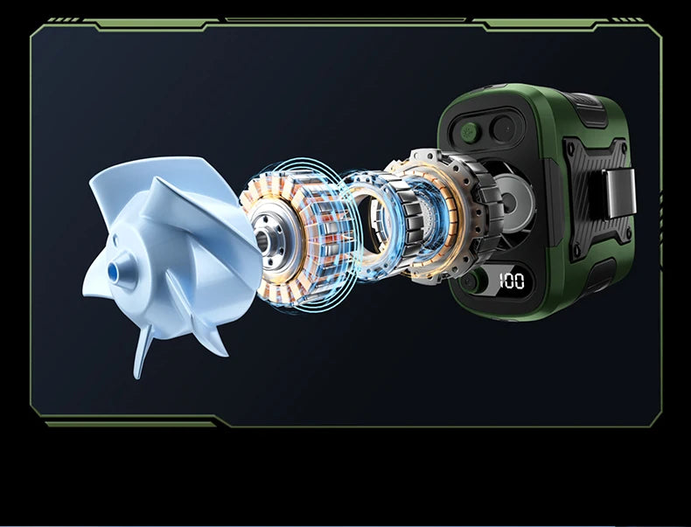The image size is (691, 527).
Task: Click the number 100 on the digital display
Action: point(512,281)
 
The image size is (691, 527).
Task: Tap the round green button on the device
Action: point(470,131)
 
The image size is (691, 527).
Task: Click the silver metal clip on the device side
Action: point(619,193)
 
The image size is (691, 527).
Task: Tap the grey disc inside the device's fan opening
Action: point(513,203)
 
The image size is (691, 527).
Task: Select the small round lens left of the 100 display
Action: point(471,281)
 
